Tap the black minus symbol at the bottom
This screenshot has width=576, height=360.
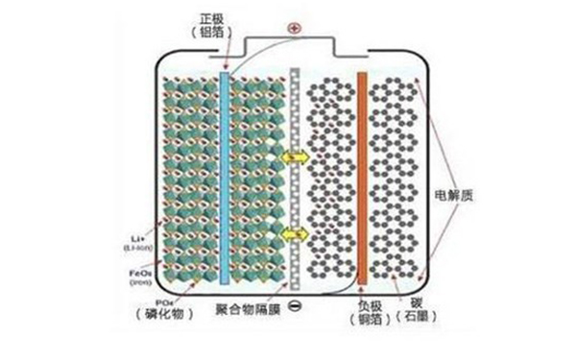pyautogui.click(x=293, y=306)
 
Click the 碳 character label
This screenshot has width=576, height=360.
pyautogui.click(x=420, y=306)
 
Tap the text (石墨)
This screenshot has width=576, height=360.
pyautogui.click(x=420, y=322)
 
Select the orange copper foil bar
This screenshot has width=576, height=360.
pyautogui.click(x=362, y=178)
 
